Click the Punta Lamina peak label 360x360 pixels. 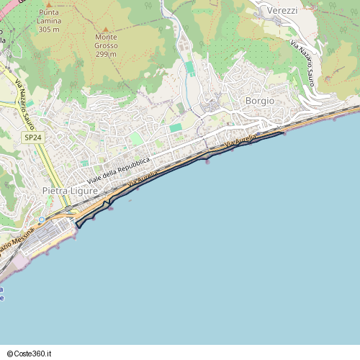[49, 17]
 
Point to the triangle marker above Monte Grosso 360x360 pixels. [105, 28]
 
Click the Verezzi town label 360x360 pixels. [282, 11]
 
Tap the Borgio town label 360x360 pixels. [259, 101]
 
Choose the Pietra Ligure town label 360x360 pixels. [70, 191]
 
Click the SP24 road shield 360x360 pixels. [32, 136]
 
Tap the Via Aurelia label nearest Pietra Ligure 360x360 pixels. [143, 180]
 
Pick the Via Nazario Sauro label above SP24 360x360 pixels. [26, 101]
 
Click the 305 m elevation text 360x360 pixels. [49, 30]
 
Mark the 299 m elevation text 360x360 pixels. [106, 55]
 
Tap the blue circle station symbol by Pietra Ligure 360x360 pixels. [42, 219]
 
